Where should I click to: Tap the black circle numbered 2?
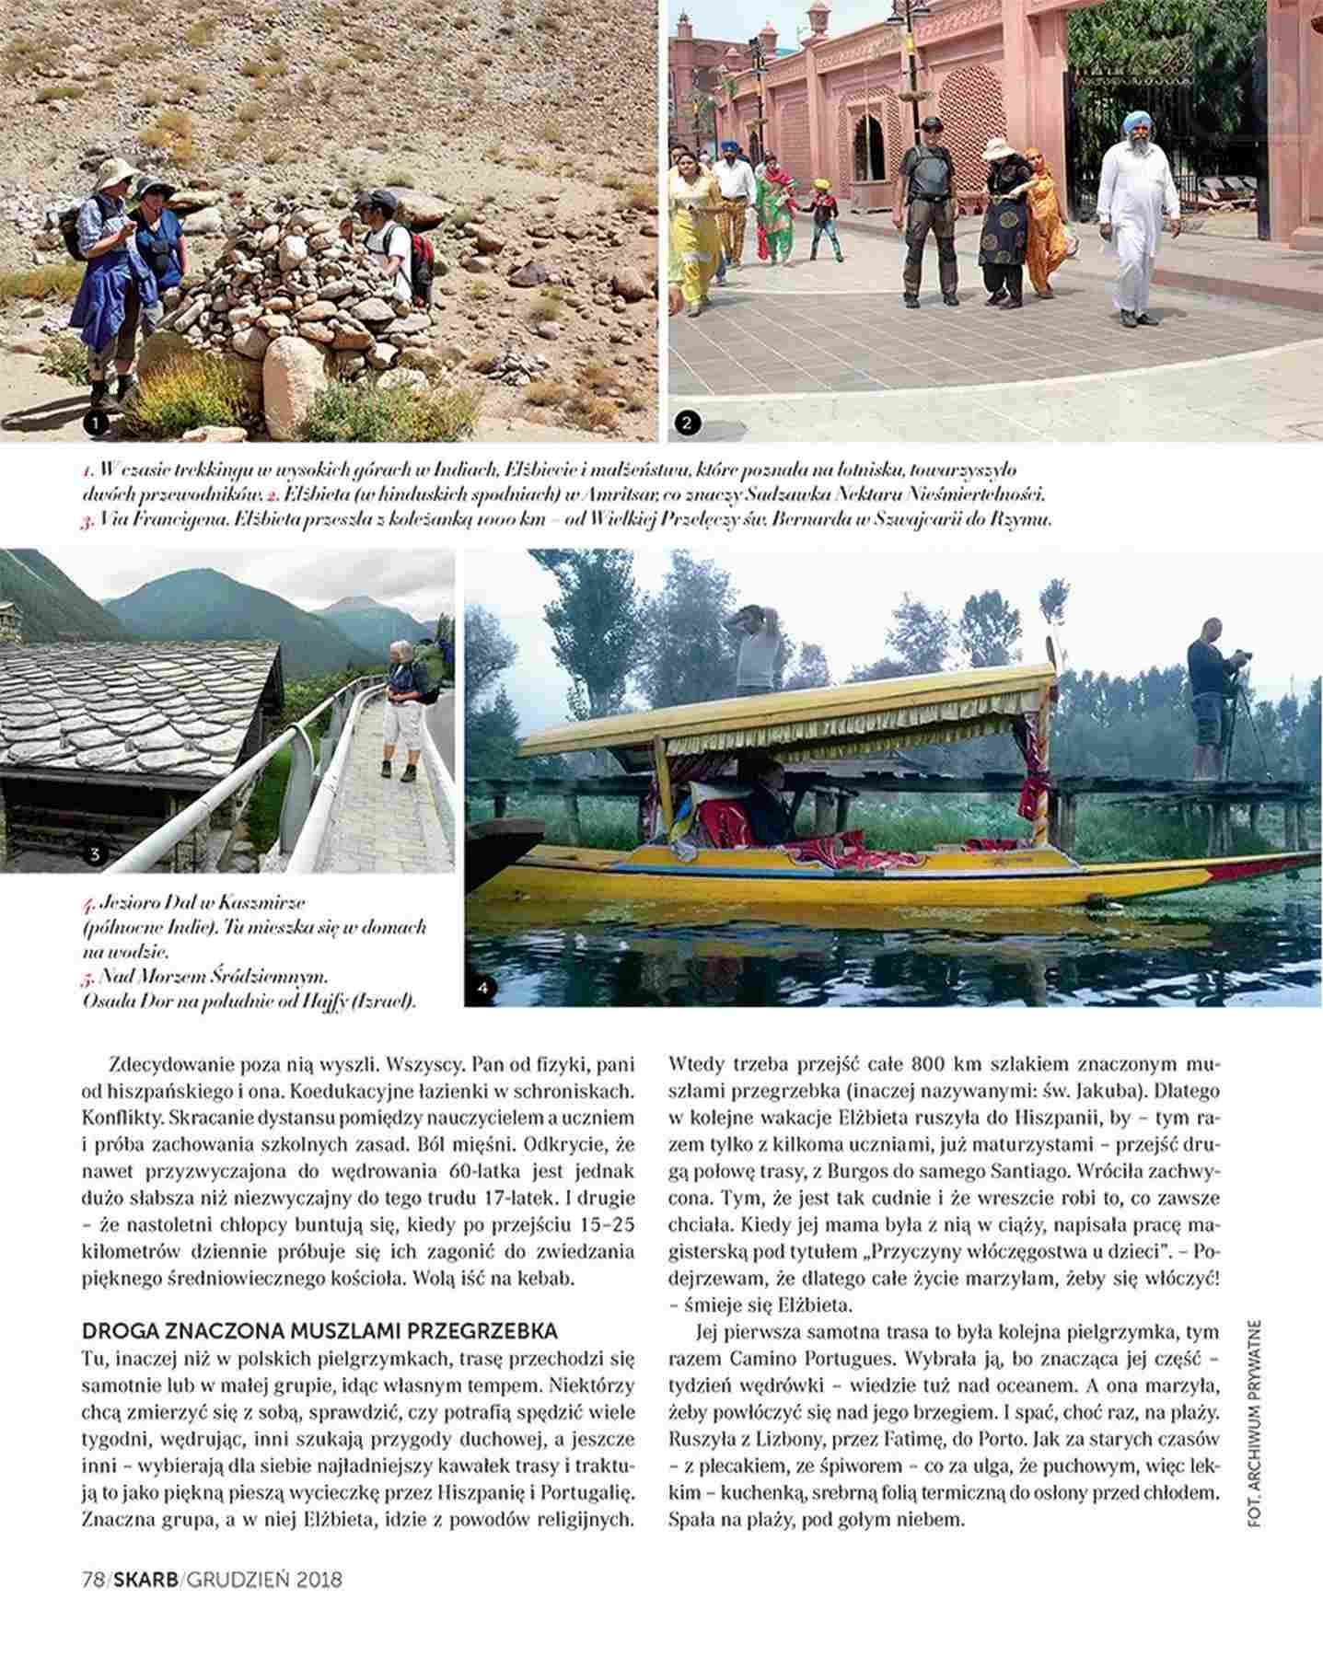click(x=687, y=423)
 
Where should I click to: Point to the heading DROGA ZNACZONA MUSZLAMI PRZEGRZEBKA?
click(x=320, y=1331)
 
